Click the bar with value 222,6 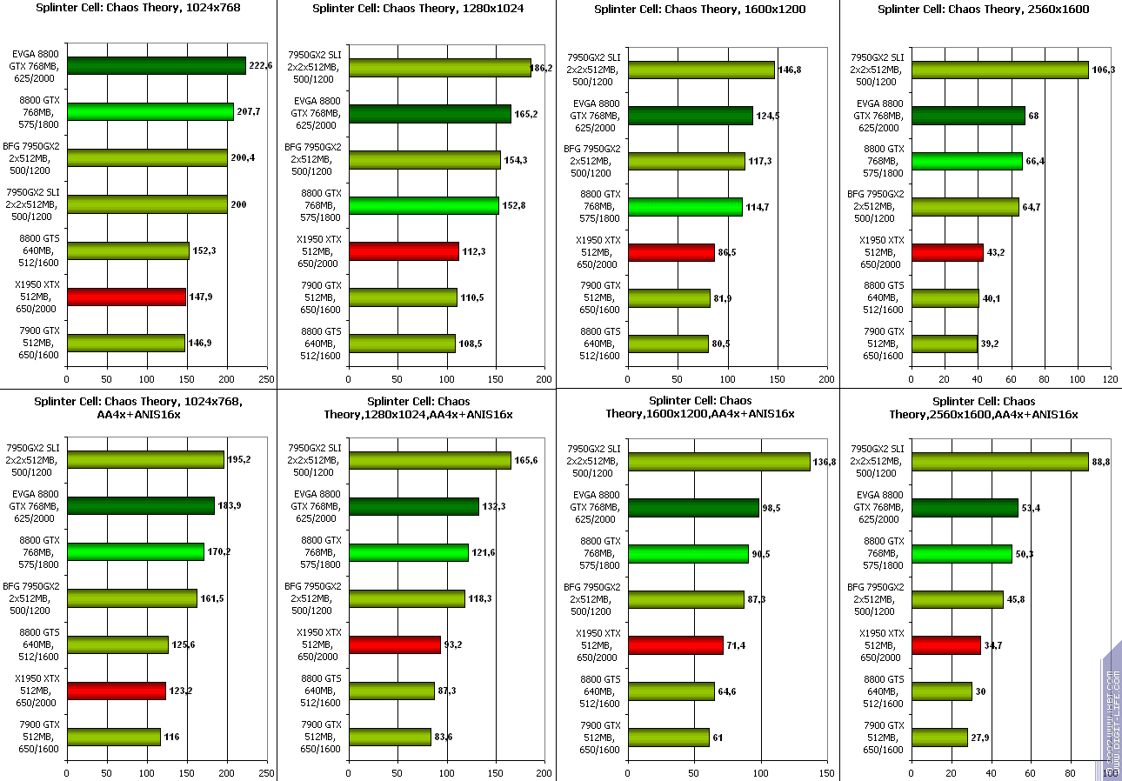coord(157,66)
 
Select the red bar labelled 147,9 coord(126,297)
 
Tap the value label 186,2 coord(541,68)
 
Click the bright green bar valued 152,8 coord(424,205)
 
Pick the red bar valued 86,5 coord(671,252)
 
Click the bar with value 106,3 coord(999,70)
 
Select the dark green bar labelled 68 coord(968,116)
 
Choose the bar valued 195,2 coord(145,459)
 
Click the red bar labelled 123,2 coord(116,691)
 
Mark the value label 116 coord(171,737)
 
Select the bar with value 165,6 coord(430,460)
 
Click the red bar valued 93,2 coord(395,644)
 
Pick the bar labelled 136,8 coord(718,462)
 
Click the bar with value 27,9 coord(939,738)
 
